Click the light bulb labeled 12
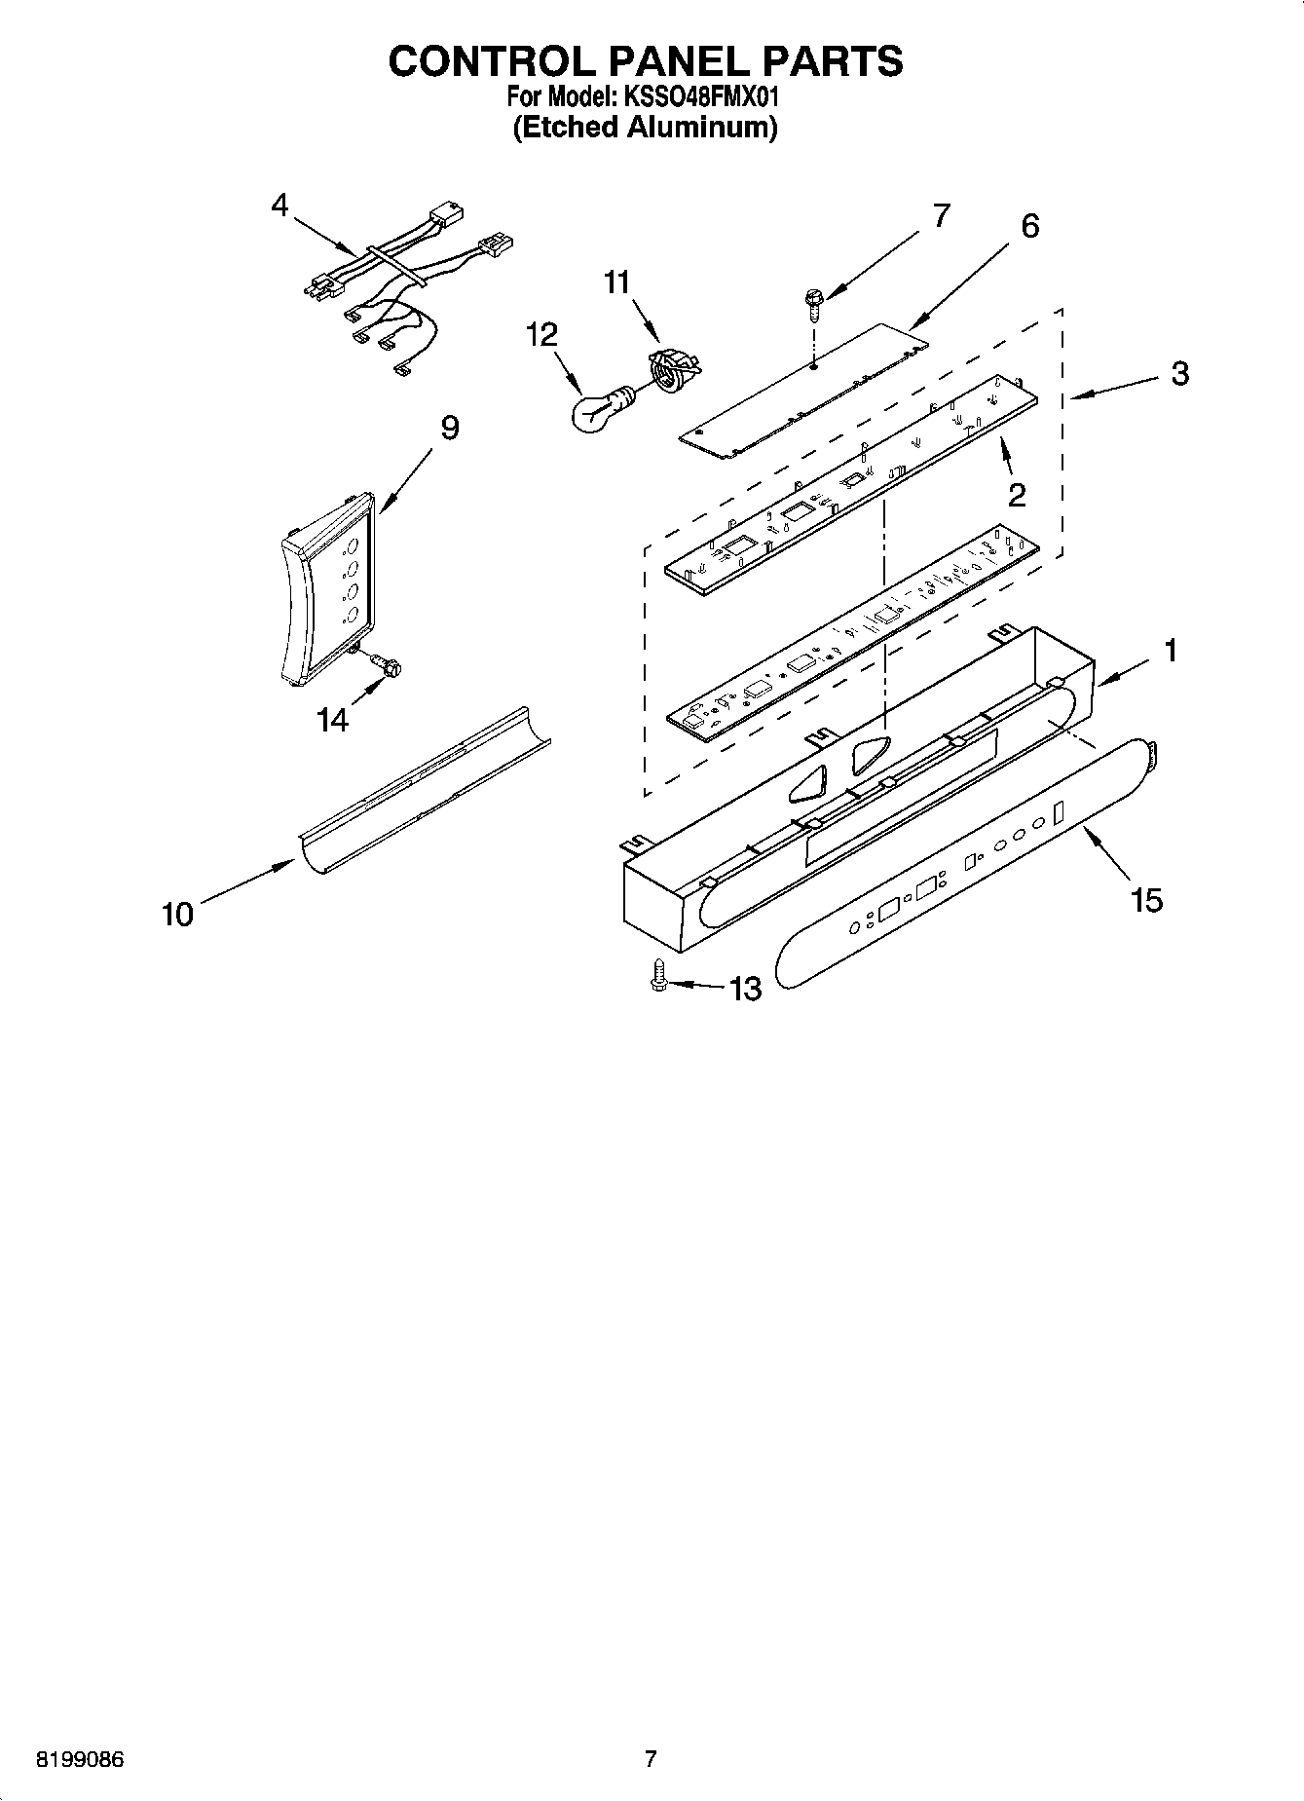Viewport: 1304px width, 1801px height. coord(596,409)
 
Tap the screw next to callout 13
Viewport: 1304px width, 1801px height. coord(658,976)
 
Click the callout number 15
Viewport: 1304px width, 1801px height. coord(1147,900)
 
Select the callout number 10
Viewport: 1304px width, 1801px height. coord(177,914)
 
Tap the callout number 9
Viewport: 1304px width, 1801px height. coord(449,428)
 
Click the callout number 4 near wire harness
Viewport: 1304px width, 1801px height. coord(280,206)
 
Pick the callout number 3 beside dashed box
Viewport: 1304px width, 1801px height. coord(1180,374)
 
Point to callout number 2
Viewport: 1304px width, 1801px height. coord(1016,495)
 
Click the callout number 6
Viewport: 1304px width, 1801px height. coord(1029,226)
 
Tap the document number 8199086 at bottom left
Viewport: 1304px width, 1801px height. coord(81,1760)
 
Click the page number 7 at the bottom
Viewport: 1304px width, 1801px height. coord(651,1759)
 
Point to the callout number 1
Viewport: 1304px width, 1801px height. coord(1171,650)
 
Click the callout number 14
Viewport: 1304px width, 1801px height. coord(332,720)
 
